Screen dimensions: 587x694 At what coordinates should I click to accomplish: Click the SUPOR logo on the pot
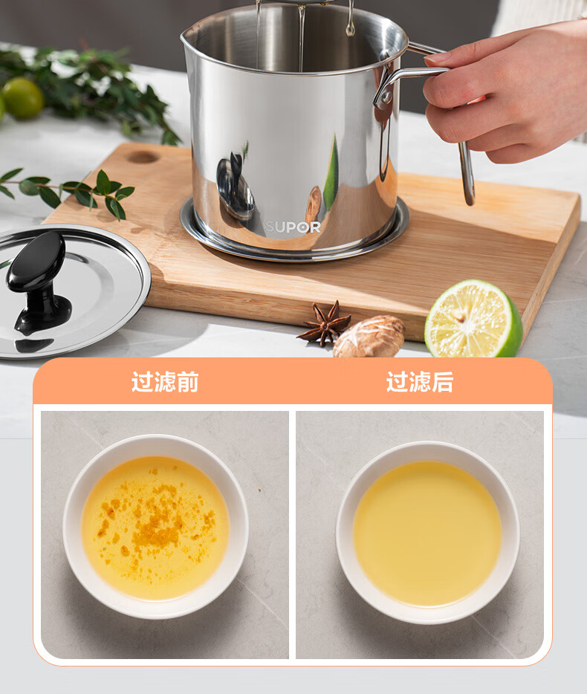[293, 227]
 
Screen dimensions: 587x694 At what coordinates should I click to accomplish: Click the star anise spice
[325, 323]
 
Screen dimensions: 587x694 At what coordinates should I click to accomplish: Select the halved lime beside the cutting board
[473, 319]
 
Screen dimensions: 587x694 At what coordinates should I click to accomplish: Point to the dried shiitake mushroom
[369, 337]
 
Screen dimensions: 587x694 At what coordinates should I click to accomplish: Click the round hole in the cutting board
[142, 157]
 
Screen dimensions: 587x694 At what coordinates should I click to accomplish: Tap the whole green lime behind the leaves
[22, 98]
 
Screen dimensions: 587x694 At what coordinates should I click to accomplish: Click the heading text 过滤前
[165, 381]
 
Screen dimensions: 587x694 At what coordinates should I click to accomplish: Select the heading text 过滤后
[420, 381]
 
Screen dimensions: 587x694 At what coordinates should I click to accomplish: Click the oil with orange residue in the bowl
[155, 528]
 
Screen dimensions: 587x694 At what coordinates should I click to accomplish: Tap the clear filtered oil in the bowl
[427, 534]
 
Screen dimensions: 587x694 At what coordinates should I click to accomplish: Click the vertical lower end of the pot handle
[467, 175]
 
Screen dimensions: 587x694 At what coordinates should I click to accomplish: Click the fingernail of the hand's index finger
[437, 57]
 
